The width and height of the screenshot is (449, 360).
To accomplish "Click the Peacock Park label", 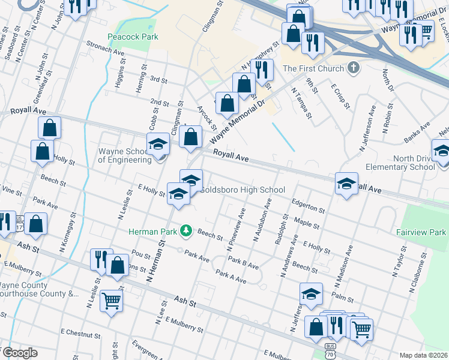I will click(x=133, y=37).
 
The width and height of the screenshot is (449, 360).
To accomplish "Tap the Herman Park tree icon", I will click(x=187, y=230).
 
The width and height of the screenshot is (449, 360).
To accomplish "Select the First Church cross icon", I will click(x=354, y=68).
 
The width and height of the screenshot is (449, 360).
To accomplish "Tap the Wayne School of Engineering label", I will click(x=125, y=156).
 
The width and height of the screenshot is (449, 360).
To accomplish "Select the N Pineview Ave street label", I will click(x=236, y=230).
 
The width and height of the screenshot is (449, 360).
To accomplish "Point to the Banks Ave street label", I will click(x=417, y=133).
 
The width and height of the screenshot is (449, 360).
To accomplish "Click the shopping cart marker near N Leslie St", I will click(x=112, y=301).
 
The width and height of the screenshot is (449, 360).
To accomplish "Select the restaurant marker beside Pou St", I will click(x=100, y=259).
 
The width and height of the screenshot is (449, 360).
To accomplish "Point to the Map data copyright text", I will click(x=423, y=355).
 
